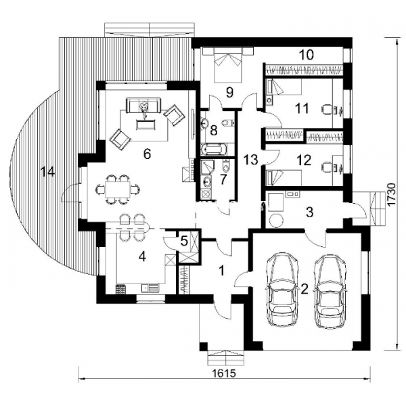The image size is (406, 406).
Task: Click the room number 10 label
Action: [307, 55]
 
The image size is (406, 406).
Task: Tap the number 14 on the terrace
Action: [48, 172]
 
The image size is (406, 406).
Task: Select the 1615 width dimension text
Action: [224, 374]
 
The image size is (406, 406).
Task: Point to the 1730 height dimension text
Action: [392, 194]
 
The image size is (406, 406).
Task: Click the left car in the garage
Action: [281, 289]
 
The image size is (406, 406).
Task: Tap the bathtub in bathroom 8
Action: [214, 150]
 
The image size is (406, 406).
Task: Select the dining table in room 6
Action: [118, 189]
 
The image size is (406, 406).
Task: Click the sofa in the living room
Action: [143, 105]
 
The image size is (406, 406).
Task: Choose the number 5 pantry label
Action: [183, 241]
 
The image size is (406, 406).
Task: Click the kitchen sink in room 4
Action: [150, 287]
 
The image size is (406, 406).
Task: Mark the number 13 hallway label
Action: [250, 160]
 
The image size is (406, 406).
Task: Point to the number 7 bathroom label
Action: [223, 179]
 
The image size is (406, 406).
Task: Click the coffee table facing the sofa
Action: [145, 125]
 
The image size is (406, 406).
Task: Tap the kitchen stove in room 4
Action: [120, 289]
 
